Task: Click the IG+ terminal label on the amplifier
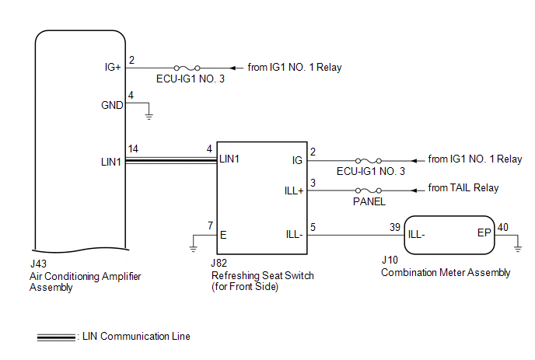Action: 112,68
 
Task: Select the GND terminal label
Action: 111,105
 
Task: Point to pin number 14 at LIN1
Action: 133,149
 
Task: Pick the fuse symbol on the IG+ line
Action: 190,68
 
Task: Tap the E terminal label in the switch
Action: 224,233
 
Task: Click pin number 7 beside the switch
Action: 209,225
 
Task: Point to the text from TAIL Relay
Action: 463,188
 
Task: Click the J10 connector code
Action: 389,261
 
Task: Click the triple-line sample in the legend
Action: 55,337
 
